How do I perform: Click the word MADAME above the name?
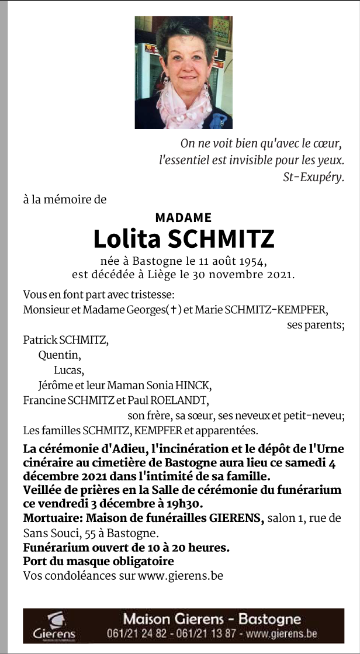(184, 217)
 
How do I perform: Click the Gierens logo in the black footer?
(54, 626)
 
